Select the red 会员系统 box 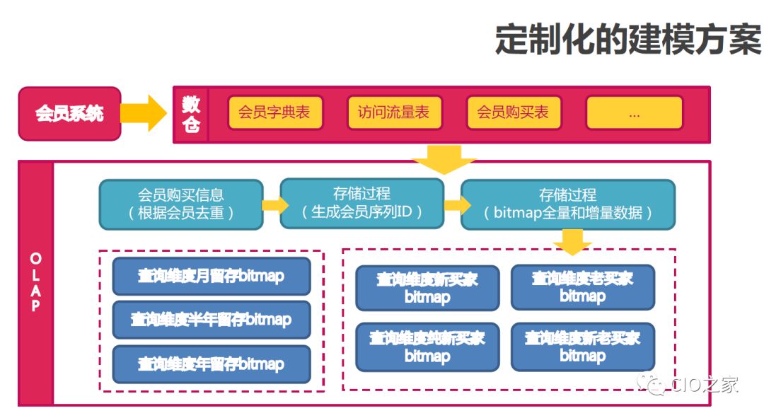coord(69,113)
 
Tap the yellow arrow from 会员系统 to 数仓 coord(144,113)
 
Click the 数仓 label coord(191,114)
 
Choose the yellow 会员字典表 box coord(275,112)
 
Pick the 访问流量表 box coord(394,112)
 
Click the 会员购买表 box coord(513,112)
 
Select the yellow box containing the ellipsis coord(634,112)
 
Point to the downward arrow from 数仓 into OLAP coord(444,160)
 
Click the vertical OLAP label coord(36,283)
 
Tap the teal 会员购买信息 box coord(181,204)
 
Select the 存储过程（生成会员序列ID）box coord(362,203)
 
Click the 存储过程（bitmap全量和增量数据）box coord(568,204)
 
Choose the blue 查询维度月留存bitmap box coord(211,277)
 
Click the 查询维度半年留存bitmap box coord(211,320)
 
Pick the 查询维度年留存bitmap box coord(211,364)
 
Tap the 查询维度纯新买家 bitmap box coord(427,347)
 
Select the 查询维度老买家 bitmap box coord(583,287)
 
